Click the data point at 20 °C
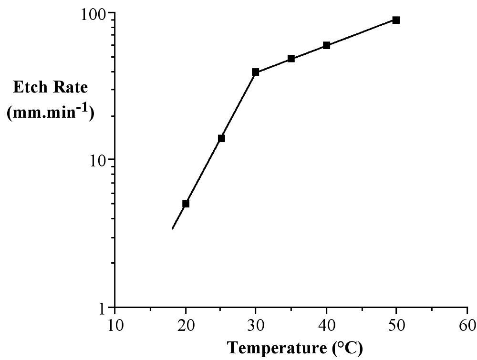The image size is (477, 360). (x=186, y=204)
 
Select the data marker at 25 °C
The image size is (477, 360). (x=221, y=138)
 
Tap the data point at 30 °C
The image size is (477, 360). (x=256, y=72)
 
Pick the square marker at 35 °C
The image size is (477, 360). (x=291, y=59)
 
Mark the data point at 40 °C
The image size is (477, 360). (x=326, y=45)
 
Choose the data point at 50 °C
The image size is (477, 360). (x=396, y=20)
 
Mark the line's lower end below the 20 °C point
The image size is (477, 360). (x=172, y=229)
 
